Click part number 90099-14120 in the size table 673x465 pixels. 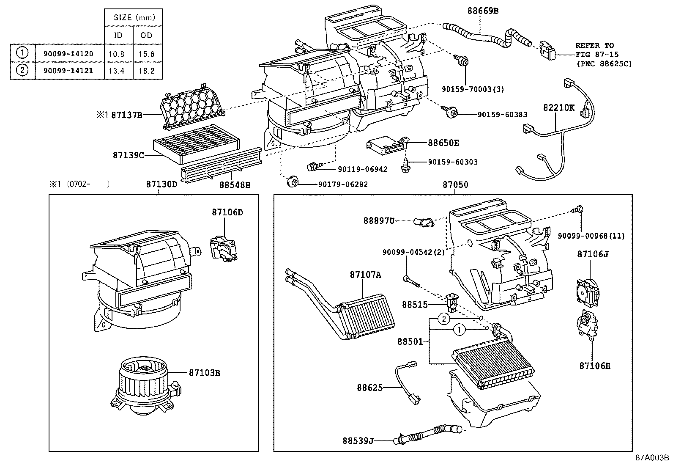[x=68, y=54]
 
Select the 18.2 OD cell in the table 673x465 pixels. [x=147, y=70]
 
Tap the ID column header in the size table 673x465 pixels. [x=118, y=36]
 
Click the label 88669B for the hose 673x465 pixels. [x=483, y=11]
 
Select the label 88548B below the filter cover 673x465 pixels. [x=235, y=185]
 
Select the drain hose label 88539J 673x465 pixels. [x=358, y=440]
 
